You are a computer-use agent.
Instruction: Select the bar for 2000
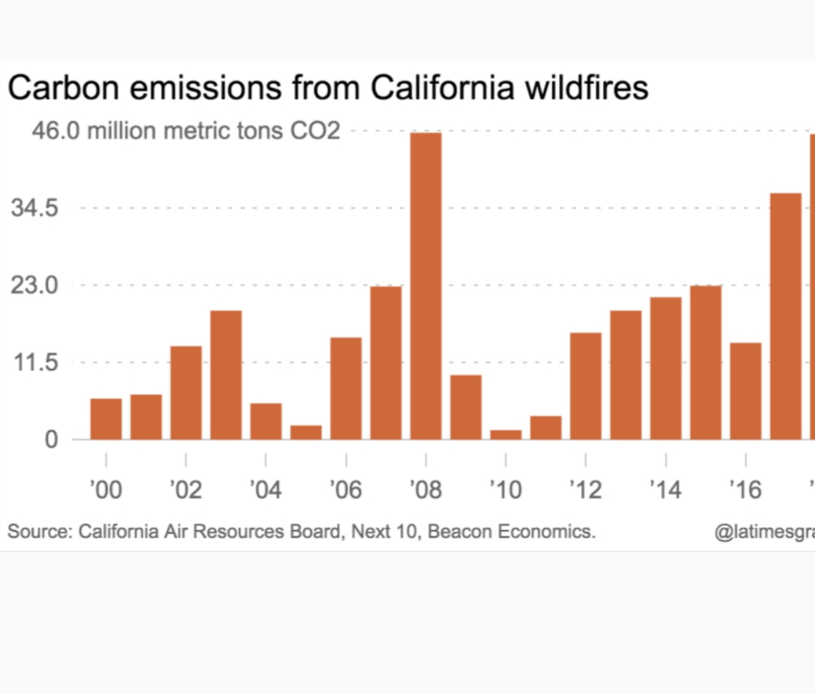click(x=106, y=419)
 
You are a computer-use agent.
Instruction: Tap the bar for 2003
click(x=226, y=375)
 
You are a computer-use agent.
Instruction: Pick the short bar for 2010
click(x=506, y=434)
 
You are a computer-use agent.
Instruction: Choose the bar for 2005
click(x=306, y=432)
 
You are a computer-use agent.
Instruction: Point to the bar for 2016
click(x=745, y=391)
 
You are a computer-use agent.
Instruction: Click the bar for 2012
click(x=586, y=386)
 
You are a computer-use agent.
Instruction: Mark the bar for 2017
click(x=785, y=316)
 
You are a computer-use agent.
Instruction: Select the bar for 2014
click(x=665, y=368)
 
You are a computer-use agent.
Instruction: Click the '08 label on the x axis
click(x=426, y=489)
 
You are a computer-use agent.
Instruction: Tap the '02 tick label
click(x=185, y=489)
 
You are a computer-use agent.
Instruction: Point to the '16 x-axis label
click(x=745, y=489)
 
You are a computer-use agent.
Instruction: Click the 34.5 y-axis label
click(x=34, y=208)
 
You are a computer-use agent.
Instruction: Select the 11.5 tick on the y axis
click(x=34, y=362)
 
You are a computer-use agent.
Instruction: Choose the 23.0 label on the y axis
click(x=34, y=286)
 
